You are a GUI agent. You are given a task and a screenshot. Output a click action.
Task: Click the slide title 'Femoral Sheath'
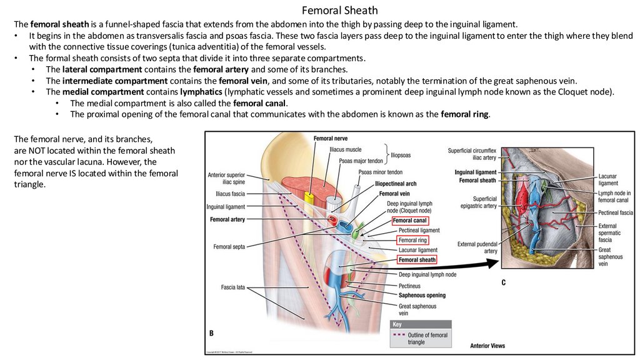(x=339, y=11)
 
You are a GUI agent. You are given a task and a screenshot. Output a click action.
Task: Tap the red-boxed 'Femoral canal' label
(x=410, y=221)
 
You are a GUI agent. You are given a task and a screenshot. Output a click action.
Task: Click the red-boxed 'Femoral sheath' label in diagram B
(x=417, y=260)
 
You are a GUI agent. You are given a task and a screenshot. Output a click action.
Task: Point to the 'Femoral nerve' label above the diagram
(x=331, y=138)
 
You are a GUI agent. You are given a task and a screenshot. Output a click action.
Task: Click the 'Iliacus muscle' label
(x=345, y=150)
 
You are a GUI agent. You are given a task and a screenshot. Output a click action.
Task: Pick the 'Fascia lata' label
(x=232, y=287)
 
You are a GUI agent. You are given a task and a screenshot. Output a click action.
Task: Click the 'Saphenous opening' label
(x=422, y=294)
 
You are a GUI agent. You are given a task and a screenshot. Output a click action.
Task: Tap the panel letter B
(x=212, y=334)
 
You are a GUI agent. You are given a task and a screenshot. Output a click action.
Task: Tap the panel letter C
(x=503, y=283)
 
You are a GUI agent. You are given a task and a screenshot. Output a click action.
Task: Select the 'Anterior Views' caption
(x=487, y=346)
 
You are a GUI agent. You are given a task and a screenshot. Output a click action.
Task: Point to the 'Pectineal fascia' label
(x=616, y=213)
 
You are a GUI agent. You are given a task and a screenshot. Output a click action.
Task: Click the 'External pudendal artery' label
(x=477, y=247)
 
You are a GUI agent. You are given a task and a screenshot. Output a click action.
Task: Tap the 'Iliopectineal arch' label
(x=396, y=184)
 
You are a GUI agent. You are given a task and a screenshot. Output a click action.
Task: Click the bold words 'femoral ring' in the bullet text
(x=465, y=114)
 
